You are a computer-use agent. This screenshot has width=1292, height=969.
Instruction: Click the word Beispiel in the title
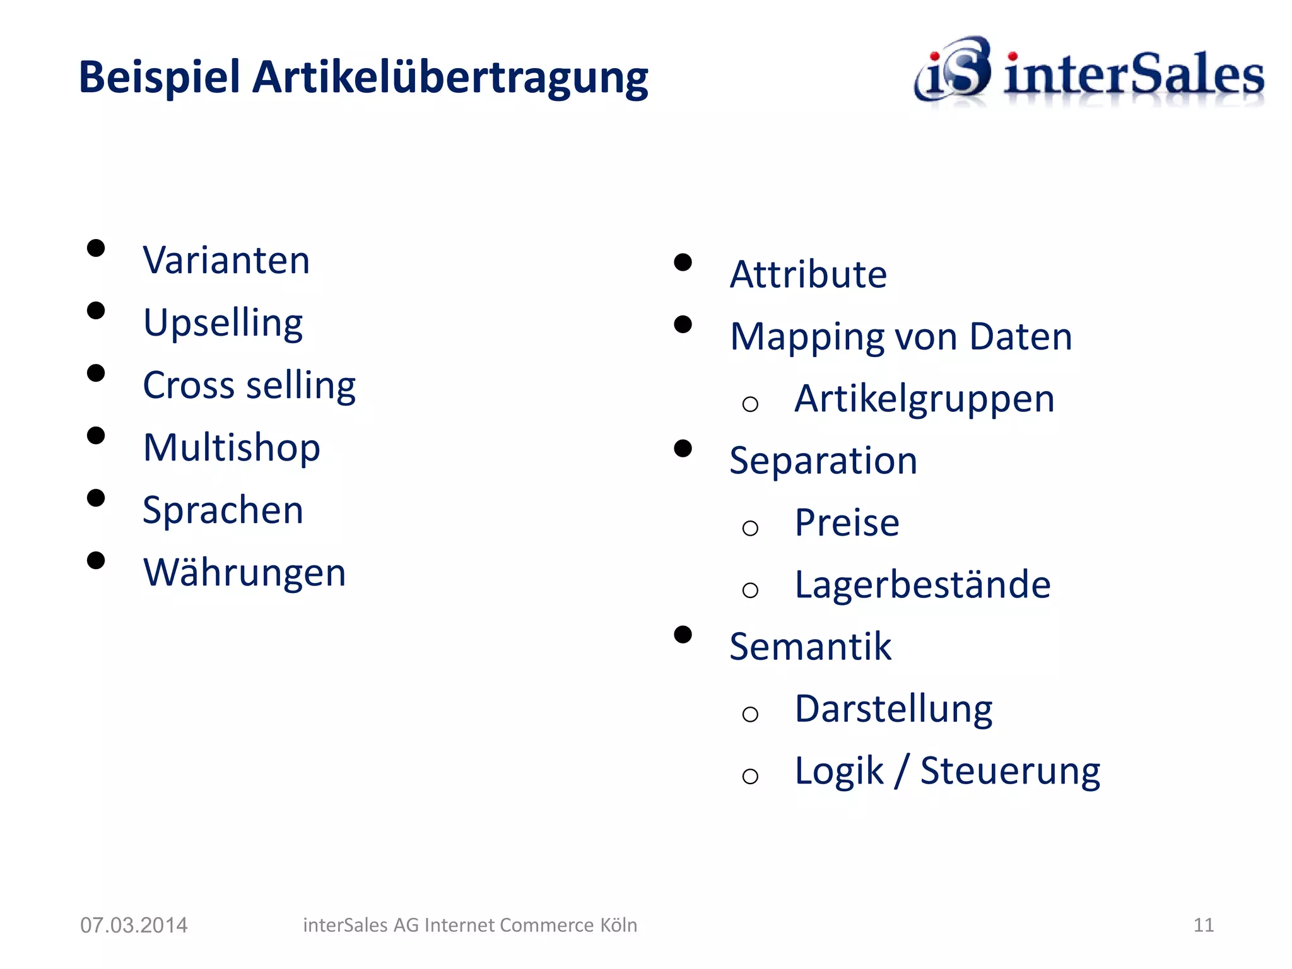pyautogui.click(x=159, y=77)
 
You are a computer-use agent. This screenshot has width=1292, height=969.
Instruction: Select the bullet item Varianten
pyautogui.click(x=226, y=260)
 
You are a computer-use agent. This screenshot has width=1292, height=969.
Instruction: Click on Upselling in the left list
pyautogui.click(x=223, y=323)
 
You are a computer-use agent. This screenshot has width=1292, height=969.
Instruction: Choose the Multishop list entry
pyautogui.click(x=232, y=447)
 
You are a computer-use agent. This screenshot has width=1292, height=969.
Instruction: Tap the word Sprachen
pyautogui.click(x=223, y=510)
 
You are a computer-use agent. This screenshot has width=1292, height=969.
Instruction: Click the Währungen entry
pyautogui.click(x=244, y=572)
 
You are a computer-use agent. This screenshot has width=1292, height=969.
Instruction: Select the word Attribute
pyautogui.click(x=808, y=274)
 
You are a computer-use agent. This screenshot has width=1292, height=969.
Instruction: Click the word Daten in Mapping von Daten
pyautogui.click(x=1020, y=336)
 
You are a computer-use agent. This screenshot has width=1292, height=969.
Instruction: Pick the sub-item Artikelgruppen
pyautogui.click(x=924, y=399)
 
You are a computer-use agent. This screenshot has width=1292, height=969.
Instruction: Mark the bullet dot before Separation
pyautogui.click(x=683, y=449)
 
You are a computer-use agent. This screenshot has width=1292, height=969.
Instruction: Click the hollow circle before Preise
pyautogui.click(x=750, y=528)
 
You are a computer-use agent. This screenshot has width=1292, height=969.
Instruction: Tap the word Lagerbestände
pyautogui.click(x=922, y=584)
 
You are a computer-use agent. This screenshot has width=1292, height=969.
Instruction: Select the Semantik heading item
pyautogui.click(x=810, y=647)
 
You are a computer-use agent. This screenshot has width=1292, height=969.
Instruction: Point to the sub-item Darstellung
pyautogui.click(x=893, y=709)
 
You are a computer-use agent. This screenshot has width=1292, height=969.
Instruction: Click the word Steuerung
pyautogui.click(x=1010, y=771)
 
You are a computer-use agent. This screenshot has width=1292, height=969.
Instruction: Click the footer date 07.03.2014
pyautogui.click(x=134, y=925)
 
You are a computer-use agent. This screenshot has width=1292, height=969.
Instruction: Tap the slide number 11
pyautogui.click(x=1204, y=925)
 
